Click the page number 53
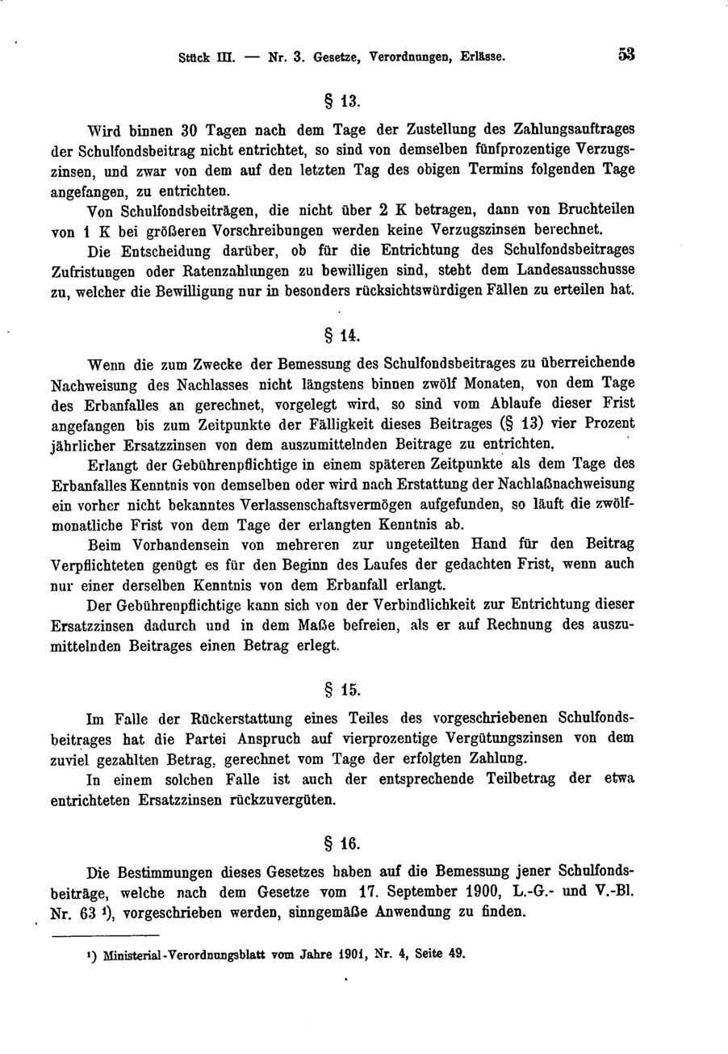pos(626,56)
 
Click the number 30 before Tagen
pos(189,129)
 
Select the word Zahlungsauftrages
pos(564,129)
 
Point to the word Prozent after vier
pos(606,423)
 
